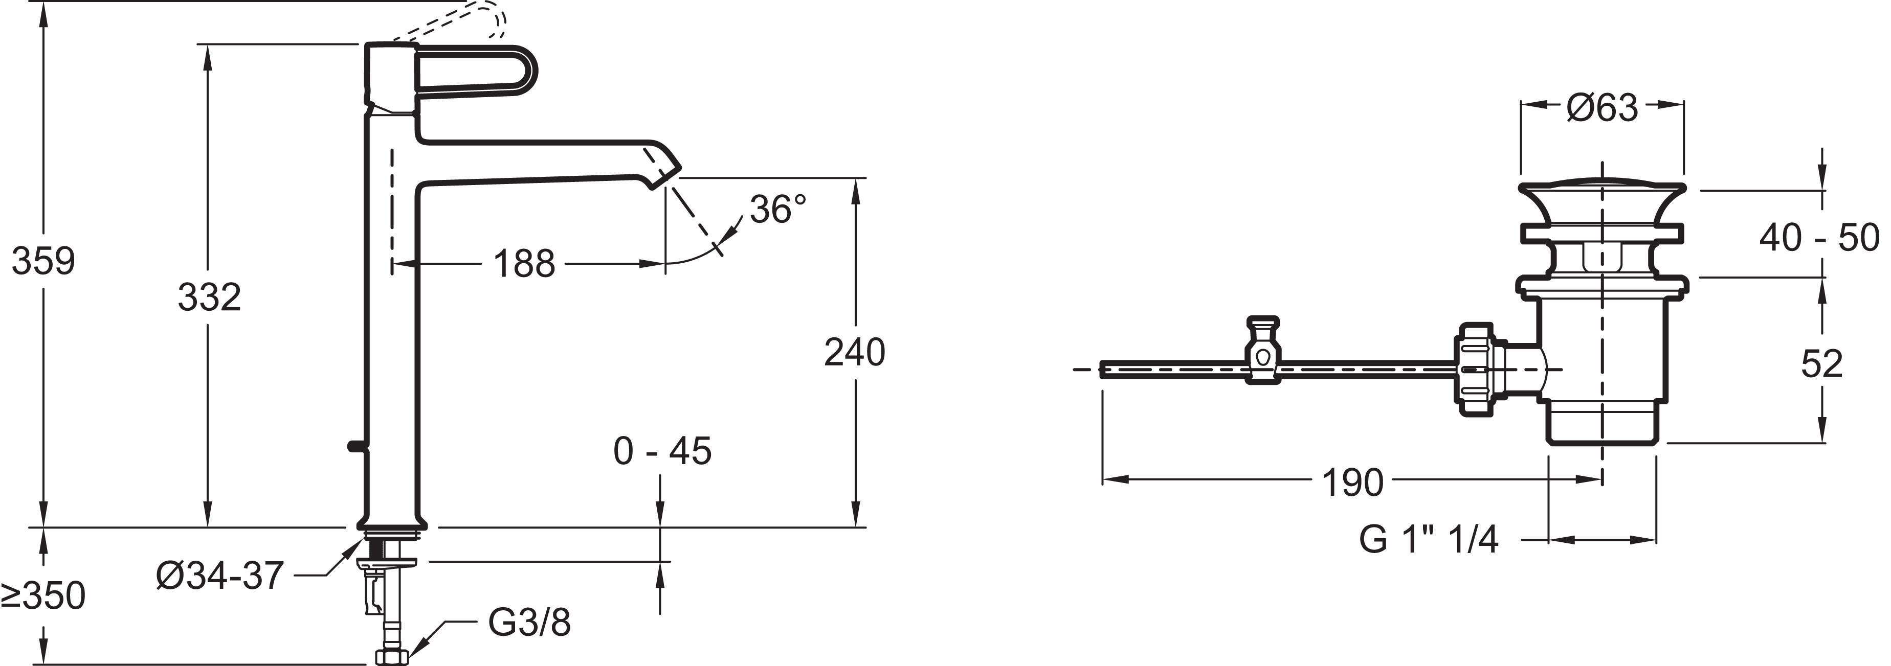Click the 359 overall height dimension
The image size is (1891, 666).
tap(43, 261)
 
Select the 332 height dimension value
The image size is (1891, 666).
tap(209, 297)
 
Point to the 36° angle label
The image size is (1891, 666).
tap(778, 210)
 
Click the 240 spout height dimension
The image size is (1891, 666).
tap(855, 352)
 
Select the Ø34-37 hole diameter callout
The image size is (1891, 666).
tap(219, 576)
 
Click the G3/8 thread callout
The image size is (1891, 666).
tap(528, 622)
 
